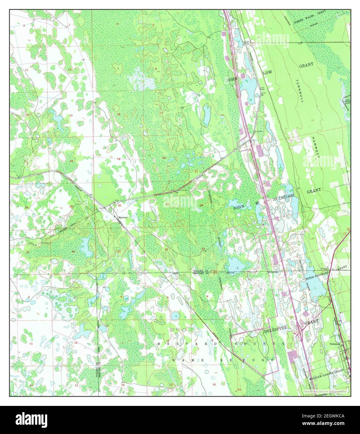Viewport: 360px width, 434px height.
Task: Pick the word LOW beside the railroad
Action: click(x=267, y=72)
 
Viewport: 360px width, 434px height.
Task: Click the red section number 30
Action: click(x=119, y=205)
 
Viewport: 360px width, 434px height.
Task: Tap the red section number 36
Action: click(x=73, y=252)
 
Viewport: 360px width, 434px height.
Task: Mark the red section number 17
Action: click(x=162, y=113)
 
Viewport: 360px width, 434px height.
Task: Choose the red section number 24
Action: click(x=71, y=161)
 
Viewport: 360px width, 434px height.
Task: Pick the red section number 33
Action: click(x=203, y=249)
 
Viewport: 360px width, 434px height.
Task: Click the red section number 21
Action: click(x=196, y=171)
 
